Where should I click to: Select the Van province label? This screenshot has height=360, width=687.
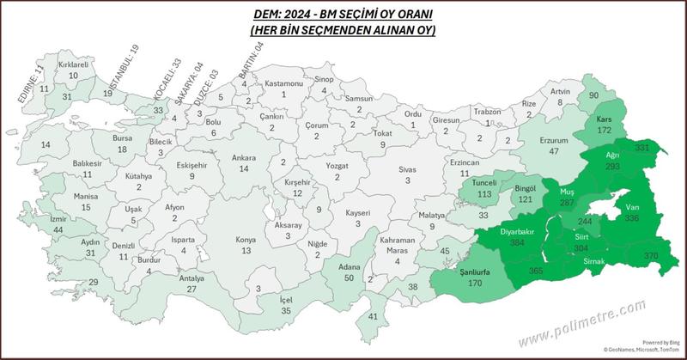click(x=633, y=207)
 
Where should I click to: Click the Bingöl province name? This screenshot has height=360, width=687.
click(x=524, y=187)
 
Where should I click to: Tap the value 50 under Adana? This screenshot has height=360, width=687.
click(x=348, y=279)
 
